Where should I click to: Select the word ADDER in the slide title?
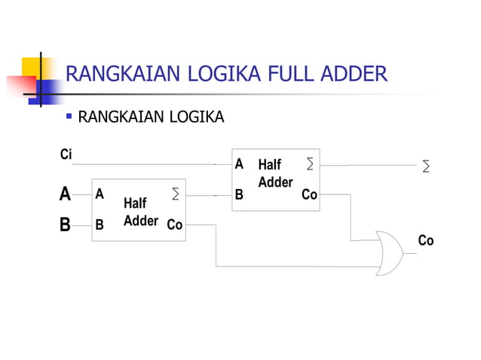pos(356,75)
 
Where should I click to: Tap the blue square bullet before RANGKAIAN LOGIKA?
pos(69,117)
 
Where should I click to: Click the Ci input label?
pos(66,155)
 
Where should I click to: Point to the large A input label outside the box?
pos(66,194)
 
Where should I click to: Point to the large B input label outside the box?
pos(66,224)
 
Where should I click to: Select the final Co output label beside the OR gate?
pos(426,241)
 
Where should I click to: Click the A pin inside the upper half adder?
pos(239,163)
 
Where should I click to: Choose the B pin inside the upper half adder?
pos(239,194)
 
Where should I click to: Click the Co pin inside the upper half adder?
pos(309,195)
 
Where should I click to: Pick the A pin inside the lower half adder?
pos(99,194)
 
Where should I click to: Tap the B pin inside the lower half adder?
pos(99,224)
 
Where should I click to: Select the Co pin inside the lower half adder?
pos(174,224)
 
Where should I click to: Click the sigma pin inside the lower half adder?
pos(175,194)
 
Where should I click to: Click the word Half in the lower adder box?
pos(135,203)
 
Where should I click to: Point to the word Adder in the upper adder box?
pos(274,182)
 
